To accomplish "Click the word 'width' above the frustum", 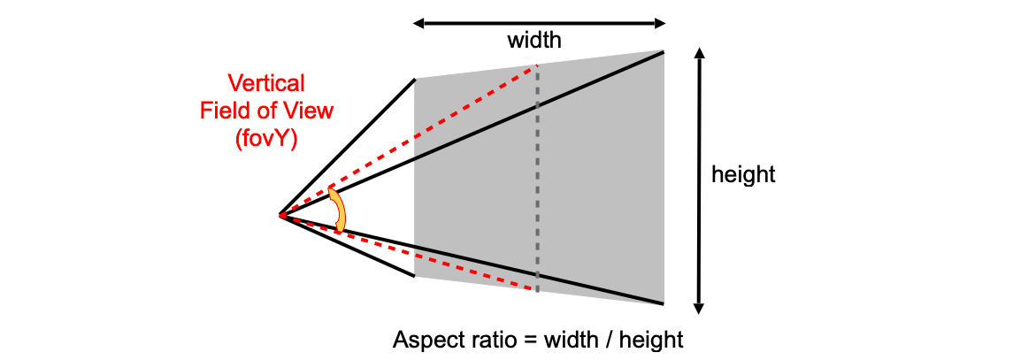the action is tap(533, 41).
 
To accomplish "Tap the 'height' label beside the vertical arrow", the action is tap(743, 175).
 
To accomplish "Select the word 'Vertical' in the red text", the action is tap(266, 83).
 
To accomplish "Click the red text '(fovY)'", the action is tap(266, 140).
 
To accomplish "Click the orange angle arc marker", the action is tap(338, 210).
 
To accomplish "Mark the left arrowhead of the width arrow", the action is tap(418, 24).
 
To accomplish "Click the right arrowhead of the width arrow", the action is tap(659, 24).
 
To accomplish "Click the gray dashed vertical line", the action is tap(537, 179).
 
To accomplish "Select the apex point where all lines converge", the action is tap(280, 216).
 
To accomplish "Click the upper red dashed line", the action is tap(409, 140).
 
